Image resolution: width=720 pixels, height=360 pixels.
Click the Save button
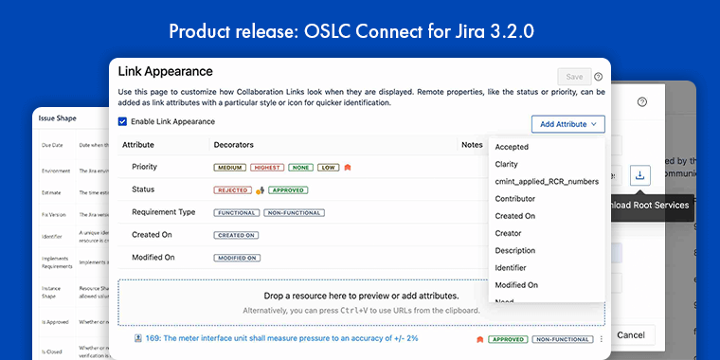pos(574,77)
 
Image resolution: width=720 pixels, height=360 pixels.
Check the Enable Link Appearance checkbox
pos(123,122)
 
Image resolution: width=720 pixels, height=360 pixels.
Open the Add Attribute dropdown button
pos(567,124)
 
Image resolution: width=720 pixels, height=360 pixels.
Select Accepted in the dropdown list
pos(513,147)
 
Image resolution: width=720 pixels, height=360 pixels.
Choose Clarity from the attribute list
pos(507,164)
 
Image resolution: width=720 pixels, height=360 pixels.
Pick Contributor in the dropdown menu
pos(515,199)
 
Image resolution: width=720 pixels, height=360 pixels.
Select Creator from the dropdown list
pos(509,233)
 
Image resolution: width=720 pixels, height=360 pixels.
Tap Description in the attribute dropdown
pos(515,250)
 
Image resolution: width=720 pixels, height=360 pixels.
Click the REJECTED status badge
pos(233,189)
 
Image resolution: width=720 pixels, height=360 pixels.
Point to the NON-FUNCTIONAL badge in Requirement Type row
pos(293,212)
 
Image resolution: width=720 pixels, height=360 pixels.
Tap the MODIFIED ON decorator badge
pos(237,258)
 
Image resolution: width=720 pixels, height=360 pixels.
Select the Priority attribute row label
pos(145,168)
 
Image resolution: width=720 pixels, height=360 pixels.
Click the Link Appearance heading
pos(165,71)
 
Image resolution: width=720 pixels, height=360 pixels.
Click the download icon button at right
pos(640,175)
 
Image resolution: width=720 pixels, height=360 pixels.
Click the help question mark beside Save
pos(599,77)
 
